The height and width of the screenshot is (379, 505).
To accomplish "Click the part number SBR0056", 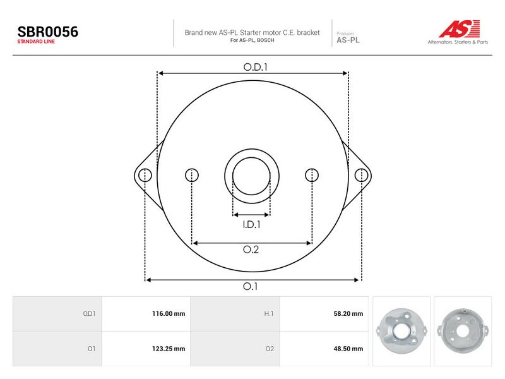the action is click(x=48, y=32).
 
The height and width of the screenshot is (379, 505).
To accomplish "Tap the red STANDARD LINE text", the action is click(x=36, y=42).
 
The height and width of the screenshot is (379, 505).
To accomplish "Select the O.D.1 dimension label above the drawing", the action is click(x=256, y=67).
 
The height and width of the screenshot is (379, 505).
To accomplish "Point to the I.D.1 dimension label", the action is click(x=251, y=225).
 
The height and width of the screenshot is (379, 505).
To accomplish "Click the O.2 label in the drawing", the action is click(x=251, y=250).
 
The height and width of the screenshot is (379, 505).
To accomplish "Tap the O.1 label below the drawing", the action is click(x=250, y=286).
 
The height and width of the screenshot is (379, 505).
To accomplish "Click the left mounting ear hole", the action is click(x=145, y=176).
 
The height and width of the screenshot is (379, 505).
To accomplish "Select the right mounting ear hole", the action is click(x=361, y=176).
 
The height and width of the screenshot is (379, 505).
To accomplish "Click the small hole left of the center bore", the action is click(x=192, y=176).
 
